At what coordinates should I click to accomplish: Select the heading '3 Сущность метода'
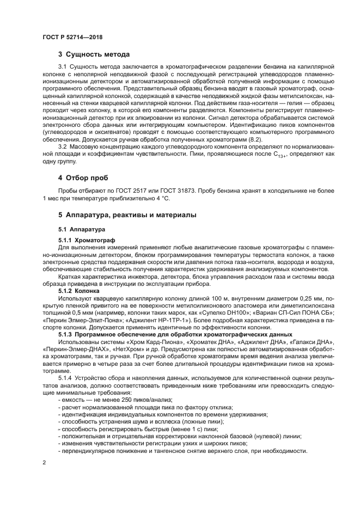[94, 54]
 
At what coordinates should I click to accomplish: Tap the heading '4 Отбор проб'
[83, 178]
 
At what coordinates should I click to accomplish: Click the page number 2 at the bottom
[43, 463]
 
